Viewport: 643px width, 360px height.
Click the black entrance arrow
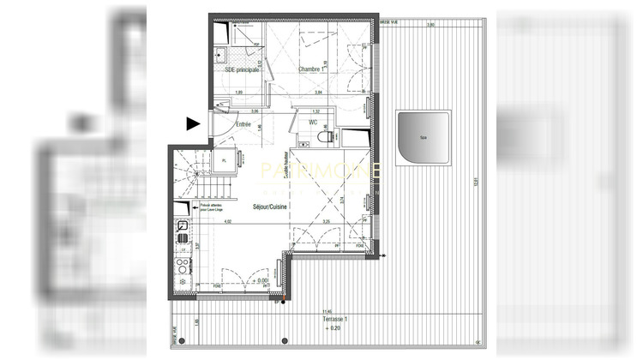pos(194,123)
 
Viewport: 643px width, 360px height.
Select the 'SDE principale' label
pos(242,69)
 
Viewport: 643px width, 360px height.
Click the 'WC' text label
pos(313,123)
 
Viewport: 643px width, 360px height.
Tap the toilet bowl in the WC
pos(324,135)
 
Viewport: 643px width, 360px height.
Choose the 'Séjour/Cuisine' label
pos(269,207)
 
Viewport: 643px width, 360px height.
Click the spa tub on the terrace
pos(424,138)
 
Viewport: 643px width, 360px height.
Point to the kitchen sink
pos(183,227)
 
